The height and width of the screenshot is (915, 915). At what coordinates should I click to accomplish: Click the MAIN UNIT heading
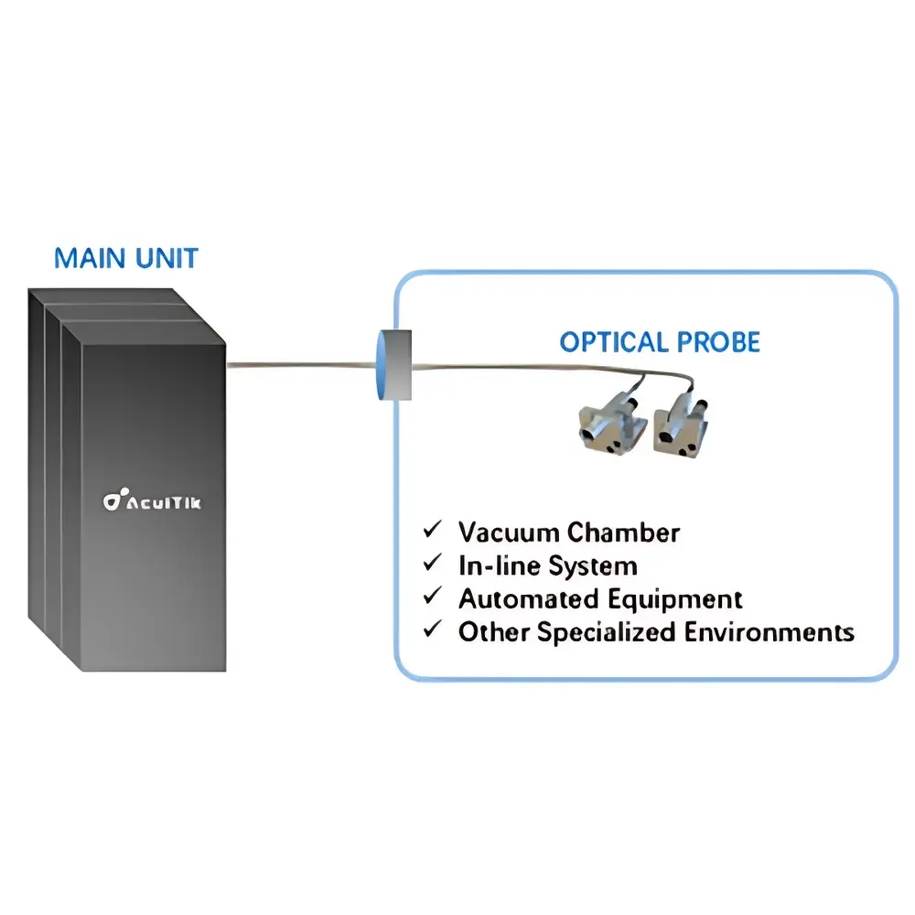click(125, 258)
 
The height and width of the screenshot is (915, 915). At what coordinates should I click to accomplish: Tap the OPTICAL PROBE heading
click(659, 342)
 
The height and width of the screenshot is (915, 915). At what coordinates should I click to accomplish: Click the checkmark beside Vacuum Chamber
click(431, 530)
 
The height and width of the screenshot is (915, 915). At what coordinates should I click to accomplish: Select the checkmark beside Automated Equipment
click(431, 597)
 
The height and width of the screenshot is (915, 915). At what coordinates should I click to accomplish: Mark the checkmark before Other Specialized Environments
click(431, 630)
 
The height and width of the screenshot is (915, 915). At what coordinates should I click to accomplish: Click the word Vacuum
click(509, 532)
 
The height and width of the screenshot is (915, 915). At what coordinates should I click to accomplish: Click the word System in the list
click(593, 565)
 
